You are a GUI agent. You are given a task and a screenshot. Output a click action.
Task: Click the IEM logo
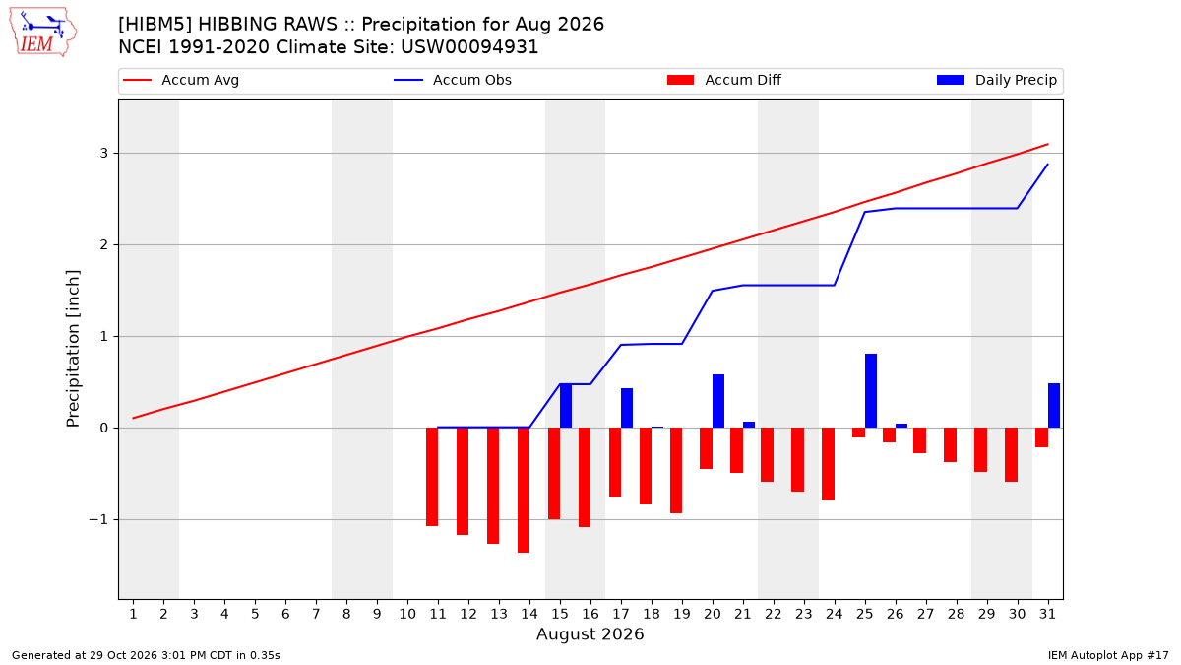42,32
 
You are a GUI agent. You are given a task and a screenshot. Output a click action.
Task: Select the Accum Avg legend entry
181,80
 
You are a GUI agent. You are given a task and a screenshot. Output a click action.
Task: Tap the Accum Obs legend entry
453,80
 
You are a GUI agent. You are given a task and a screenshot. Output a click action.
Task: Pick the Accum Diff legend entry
724,80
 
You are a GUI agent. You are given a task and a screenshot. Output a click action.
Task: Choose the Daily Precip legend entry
996,80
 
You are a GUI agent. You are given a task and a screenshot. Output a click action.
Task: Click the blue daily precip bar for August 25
870,390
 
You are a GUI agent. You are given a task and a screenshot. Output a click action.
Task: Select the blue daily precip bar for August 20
718,401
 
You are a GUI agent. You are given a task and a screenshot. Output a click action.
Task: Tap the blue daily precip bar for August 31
1053,405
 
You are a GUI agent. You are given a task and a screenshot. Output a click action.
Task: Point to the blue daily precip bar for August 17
627,408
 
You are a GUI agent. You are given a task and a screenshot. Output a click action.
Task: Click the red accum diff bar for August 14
524,491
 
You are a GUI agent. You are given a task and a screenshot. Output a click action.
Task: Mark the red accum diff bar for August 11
432,477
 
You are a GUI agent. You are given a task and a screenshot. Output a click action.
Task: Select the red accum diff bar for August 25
858,432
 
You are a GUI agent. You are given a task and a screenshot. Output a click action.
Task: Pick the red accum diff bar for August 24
828,464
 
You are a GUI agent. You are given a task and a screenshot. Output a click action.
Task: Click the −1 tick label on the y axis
98,520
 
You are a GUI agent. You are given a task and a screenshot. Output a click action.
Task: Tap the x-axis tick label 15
560,614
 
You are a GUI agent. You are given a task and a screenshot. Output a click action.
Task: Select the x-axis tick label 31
1047,614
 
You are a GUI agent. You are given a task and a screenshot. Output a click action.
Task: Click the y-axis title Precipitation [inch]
73,349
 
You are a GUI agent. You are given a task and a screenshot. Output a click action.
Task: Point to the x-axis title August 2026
590,633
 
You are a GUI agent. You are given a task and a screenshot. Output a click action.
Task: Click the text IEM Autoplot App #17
1108,655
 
